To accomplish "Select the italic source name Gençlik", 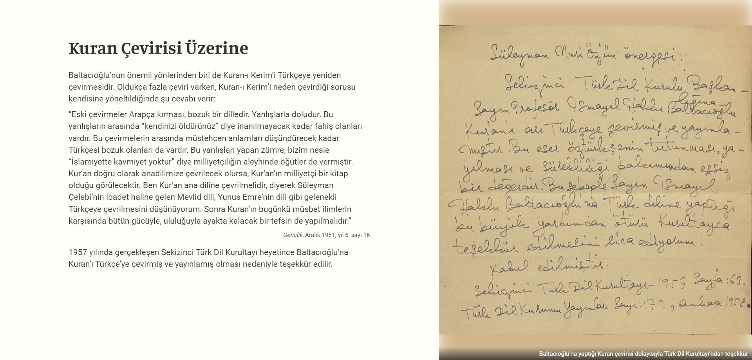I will (293, 235).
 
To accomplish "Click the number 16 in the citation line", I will (366, 235).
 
